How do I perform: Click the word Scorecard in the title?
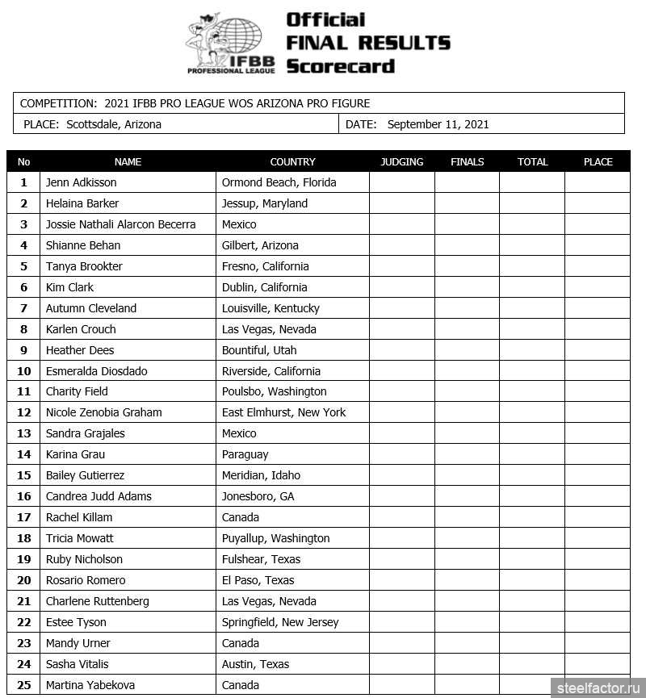click(x=340, y=66)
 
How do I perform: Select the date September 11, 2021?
click(x=438, y=124)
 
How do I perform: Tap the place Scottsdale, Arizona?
click(x=114, y=124)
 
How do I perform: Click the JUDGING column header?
click(x=401, y=161)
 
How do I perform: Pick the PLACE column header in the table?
click(x=598, y=161)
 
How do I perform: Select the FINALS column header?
click(x=467, y=161)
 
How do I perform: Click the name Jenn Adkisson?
click(x=81, y=182)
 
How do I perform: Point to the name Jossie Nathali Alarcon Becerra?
click(x=120, y=224)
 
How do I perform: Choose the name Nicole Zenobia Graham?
click(x=103, y=412)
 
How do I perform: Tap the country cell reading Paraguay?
click(x=245, y=454)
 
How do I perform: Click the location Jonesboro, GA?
click(x=258, y=496)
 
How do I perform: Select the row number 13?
click(x=23, y=433)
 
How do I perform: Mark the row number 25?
click(x=23, y=685)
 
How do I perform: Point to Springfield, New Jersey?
click(x=279, y=622)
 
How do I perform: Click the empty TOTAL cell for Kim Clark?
click(x=531, y=287)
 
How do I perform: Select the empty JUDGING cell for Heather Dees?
click(x=401, y=350)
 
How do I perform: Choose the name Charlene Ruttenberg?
click(x=97, y=601)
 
